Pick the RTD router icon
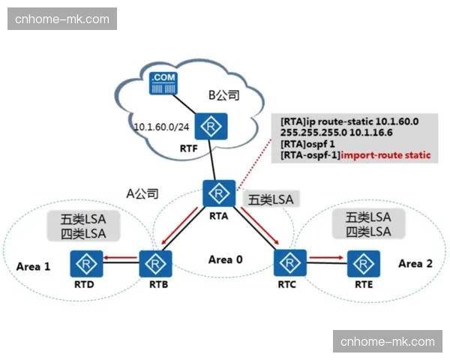[x=87, y=263]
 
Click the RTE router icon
[x=361, y=262]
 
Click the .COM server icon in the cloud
[x=163, y=82]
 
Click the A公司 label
[x=142, y=193]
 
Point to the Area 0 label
[x=225, y=259]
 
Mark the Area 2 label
[x=415, y=263]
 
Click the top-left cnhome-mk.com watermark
[x=62, y=19]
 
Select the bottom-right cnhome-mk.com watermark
[x=387, y=341]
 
